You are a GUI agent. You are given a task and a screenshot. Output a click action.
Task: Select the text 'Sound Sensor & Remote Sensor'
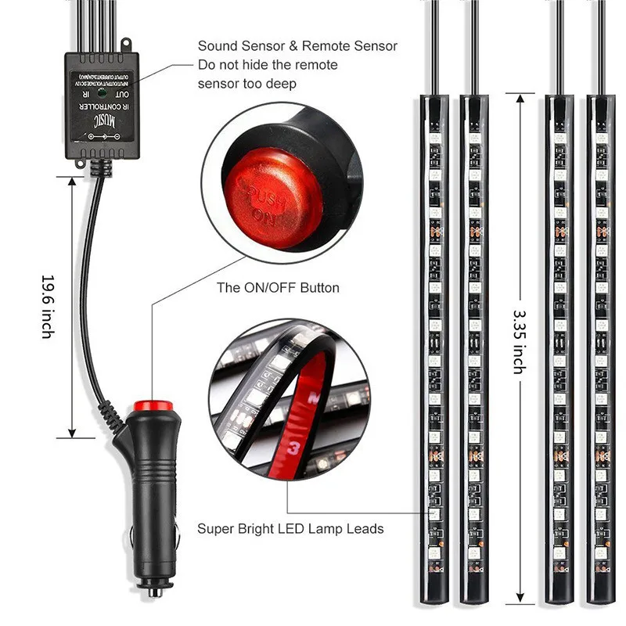coord(297,46)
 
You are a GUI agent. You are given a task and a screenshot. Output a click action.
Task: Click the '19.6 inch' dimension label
coord(48,306)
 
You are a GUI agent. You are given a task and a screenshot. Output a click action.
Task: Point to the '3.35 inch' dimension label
coord(519,341)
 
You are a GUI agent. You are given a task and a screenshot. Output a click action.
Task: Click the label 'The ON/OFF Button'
coord(278,288)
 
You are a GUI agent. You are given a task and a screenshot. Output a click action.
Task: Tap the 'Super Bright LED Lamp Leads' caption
coord(290,528)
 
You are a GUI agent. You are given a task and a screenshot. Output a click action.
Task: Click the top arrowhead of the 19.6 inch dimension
coord(73,182)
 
